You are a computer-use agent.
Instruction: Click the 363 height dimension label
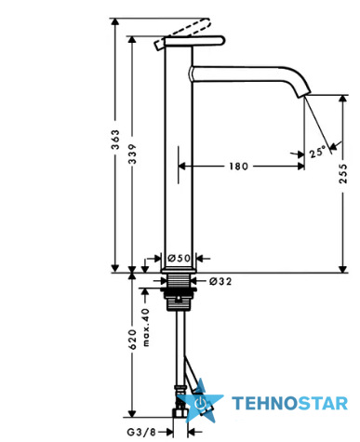115,140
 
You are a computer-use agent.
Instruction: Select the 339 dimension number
133,154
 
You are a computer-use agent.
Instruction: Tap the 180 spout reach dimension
239,167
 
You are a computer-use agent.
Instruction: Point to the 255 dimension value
343,173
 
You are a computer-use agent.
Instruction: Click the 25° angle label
317,152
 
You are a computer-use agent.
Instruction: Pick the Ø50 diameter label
179,258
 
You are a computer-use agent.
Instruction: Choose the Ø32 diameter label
220,281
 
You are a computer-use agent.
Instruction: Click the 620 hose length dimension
133,340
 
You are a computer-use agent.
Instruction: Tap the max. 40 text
146,328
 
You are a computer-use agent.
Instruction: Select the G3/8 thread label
141,432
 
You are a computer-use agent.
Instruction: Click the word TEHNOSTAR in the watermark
290,404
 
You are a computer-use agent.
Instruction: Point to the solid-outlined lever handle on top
194,41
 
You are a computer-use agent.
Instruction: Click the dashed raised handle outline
182,33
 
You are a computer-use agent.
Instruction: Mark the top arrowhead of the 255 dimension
342,99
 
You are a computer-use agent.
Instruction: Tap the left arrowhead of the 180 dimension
181,167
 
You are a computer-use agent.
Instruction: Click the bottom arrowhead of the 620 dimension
132,414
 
